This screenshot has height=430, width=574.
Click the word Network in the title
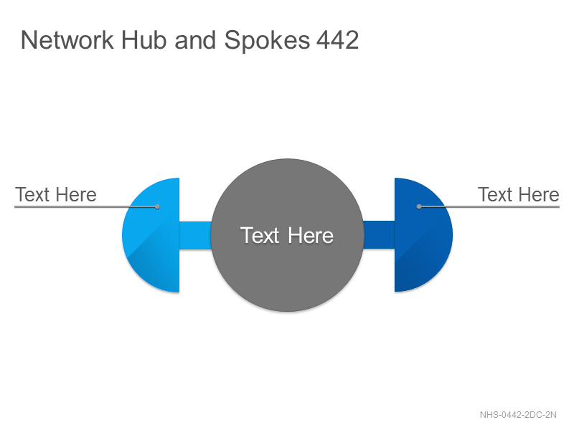pos(67,40)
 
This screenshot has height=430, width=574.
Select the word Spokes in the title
pos(267,41)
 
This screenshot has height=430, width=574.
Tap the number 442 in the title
pos(337,40)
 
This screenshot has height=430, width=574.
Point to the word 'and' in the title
pos(195,40)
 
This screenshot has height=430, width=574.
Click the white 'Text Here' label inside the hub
pos(287,235)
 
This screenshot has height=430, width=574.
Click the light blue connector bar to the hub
pos(195,236)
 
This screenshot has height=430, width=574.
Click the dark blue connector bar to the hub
pos(379,235)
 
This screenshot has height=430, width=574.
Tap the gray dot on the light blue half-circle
pos(157,206)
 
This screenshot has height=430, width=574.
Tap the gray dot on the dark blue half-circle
pos(419,206)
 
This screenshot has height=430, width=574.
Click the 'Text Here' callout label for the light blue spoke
pos(56,194)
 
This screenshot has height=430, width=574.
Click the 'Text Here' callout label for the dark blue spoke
pos(519,194)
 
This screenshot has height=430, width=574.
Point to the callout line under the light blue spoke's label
pos(86,206)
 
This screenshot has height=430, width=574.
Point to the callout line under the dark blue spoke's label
pos(489,206)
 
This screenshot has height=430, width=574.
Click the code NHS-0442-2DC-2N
pos(518,415)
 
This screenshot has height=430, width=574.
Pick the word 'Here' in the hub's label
pos(311,235)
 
